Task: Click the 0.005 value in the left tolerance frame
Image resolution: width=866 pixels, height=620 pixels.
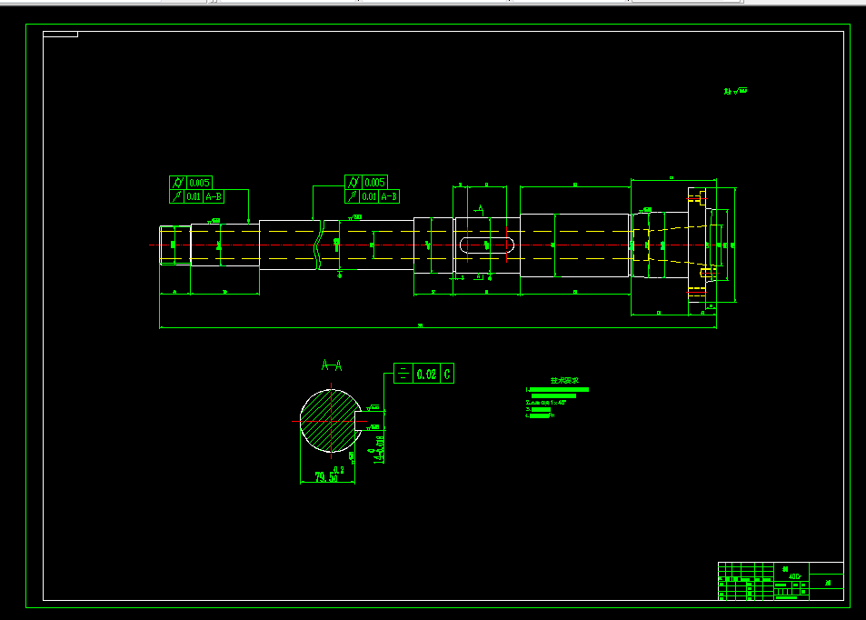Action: (200, 183)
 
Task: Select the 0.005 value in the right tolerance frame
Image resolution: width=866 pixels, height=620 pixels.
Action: (374, 182)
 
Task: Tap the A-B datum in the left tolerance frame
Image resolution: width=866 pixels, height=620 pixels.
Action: (213, 196)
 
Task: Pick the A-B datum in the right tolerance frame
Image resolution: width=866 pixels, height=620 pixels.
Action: (388, 196)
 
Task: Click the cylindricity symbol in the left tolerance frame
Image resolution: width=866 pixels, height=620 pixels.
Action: (178, 183)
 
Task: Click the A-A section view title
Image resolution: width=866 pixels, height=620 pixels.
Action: (332, 365)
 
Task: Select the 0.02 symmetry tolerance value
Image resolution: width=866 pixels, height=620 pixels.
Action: (425, 374)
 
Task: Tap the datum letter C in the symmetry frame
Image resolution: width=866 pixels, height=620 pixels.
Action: (447, 374)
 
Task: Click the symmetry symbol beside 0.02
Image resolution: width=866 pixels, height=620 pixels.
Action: (403, 374)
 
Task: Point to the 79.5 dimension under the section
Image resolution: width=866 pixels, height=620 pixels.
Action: (326, 477)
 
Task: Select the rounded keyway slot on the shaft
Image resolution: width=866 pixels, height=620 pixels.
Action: (488, 245)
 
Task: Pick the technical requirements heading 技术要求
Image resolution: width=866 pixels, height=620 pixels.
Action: (558, 381)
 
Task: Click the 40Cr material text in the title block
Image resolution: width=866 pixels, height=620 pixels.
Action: (794, 576)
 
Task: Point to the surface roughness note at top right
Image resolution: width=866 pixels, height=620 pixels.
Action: (735, 91)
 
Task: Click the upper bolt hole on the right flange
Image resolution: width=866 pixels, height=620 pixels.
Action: (697, 196)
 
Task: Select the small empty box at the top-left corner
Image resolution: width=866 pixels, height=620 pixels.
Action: (60, 35)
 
